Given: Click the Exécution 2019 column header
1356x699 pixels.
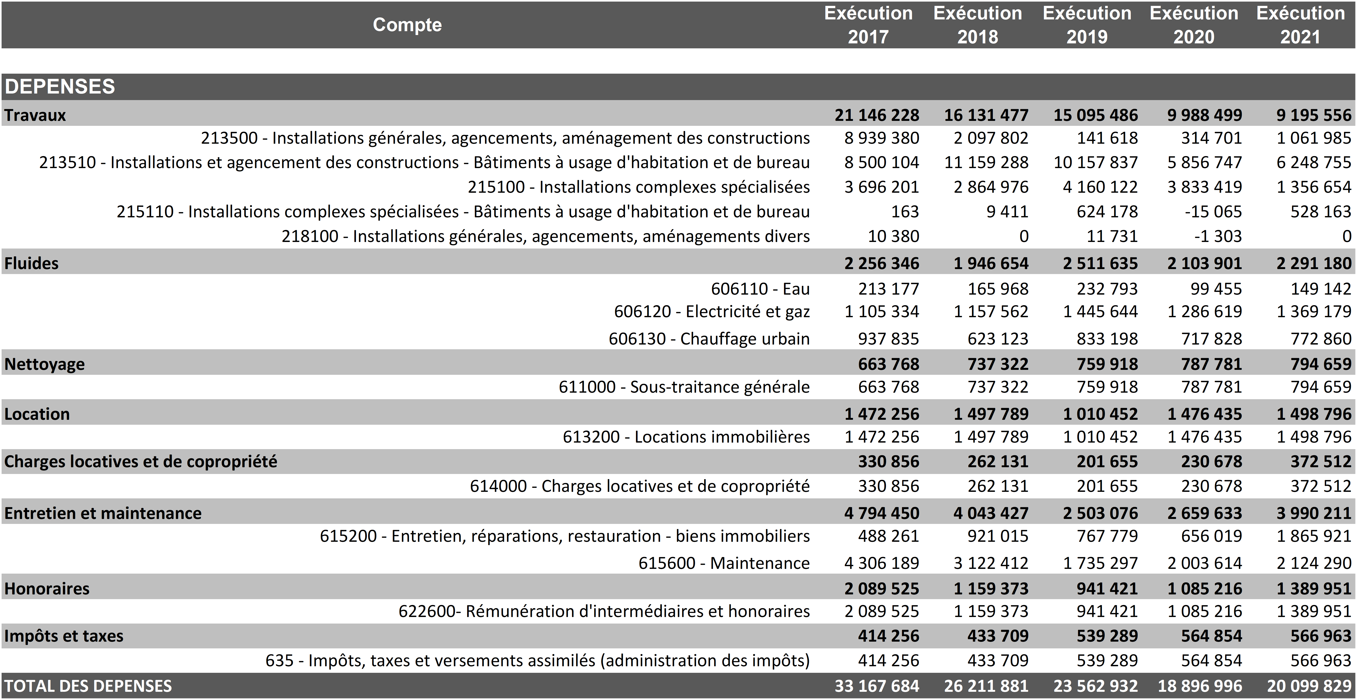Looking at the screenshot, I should click(1087, 25).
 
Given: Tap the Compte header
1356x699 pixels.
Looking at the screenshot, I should click(407, 25).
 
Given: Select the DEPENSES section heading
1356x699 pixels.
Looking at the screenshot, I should click(59, 86).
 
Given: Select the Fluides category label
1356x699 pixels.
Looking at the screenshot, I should click(32, 263).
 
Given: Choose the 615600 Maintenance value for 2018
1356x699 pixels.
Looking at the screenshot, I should click(991, 563).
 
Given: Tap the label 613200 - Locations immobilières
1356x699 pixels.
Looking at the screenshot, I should click(686, 437).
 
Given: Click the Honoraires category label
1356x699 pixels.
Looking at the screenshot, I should click(47, 589).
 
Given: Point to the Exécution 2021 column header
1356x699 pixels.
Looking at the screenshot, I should click(1301, 25).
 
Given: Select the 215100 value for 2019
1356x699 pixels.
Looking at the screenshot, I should click(1100, 187).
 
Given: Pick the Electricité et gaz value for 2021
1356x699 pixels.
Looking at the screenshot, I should click(1314, 312).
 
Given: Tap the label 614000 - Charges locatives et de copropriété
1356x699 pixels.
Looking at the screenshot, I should click(640, 486).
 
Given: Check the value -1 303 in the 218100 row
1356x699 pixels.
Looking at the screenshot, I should click(1217, 236).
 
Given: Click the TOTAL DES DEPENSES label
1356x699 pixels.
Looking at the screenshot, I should click(88, 686).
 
